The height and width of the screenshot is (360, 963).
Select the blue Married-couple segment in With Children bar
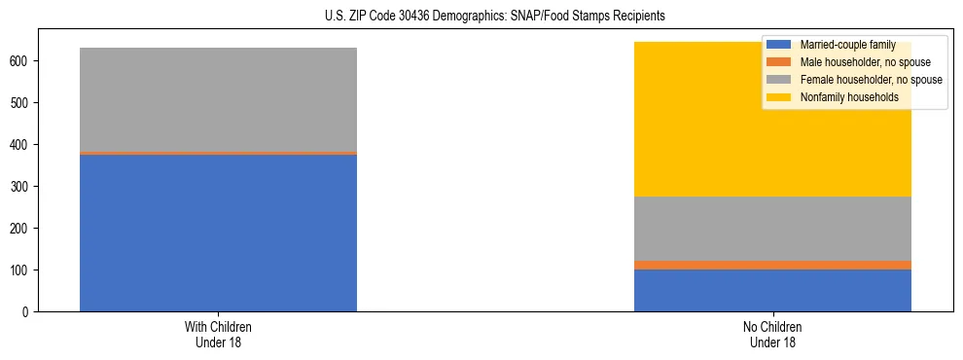click(218, 233)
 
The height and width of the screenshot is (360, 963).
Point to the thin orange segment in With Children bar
click(218, 153)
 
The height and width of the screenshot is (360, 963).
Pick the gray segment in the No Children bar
click(772, 229)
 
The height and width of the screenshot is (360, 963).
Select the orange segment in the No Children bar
click(772, 265)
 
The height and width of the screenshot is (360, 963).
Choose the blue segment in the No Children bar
click(772, 290)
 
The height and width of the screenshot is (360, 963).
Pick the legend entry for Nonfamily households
click(849, 97)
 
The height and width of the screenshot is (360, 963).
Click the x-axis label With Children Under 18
click(218, 334)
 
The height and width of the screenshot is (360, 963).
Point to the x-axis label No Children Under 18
click(772, 334)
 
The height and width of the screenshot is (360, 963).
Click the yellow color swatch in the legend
click(779, 97)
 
